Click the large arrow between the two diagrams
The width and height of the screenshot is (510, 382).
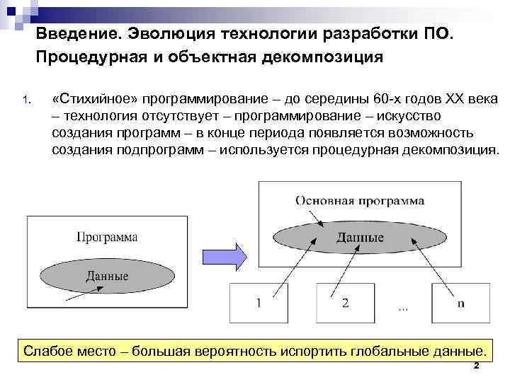[x=224, y=253]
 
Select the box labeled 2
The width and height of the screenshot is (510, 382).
[x=345, y=304]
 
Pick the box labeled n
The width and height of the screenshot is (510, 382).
[x=460, y=304]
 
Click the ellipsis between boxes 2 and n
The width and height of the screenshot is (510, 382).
[x=402, y=308]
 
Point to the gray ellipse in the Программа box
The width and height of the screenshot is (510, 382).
[x=107, y=274]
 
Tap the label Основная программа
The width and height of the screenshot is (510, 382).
[x=360, y=200]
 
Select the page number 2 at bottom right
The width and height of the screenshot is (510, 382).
[x=476, y=366]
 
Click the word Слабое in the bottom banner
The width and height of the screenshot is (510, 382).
[x=47, y=351]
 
